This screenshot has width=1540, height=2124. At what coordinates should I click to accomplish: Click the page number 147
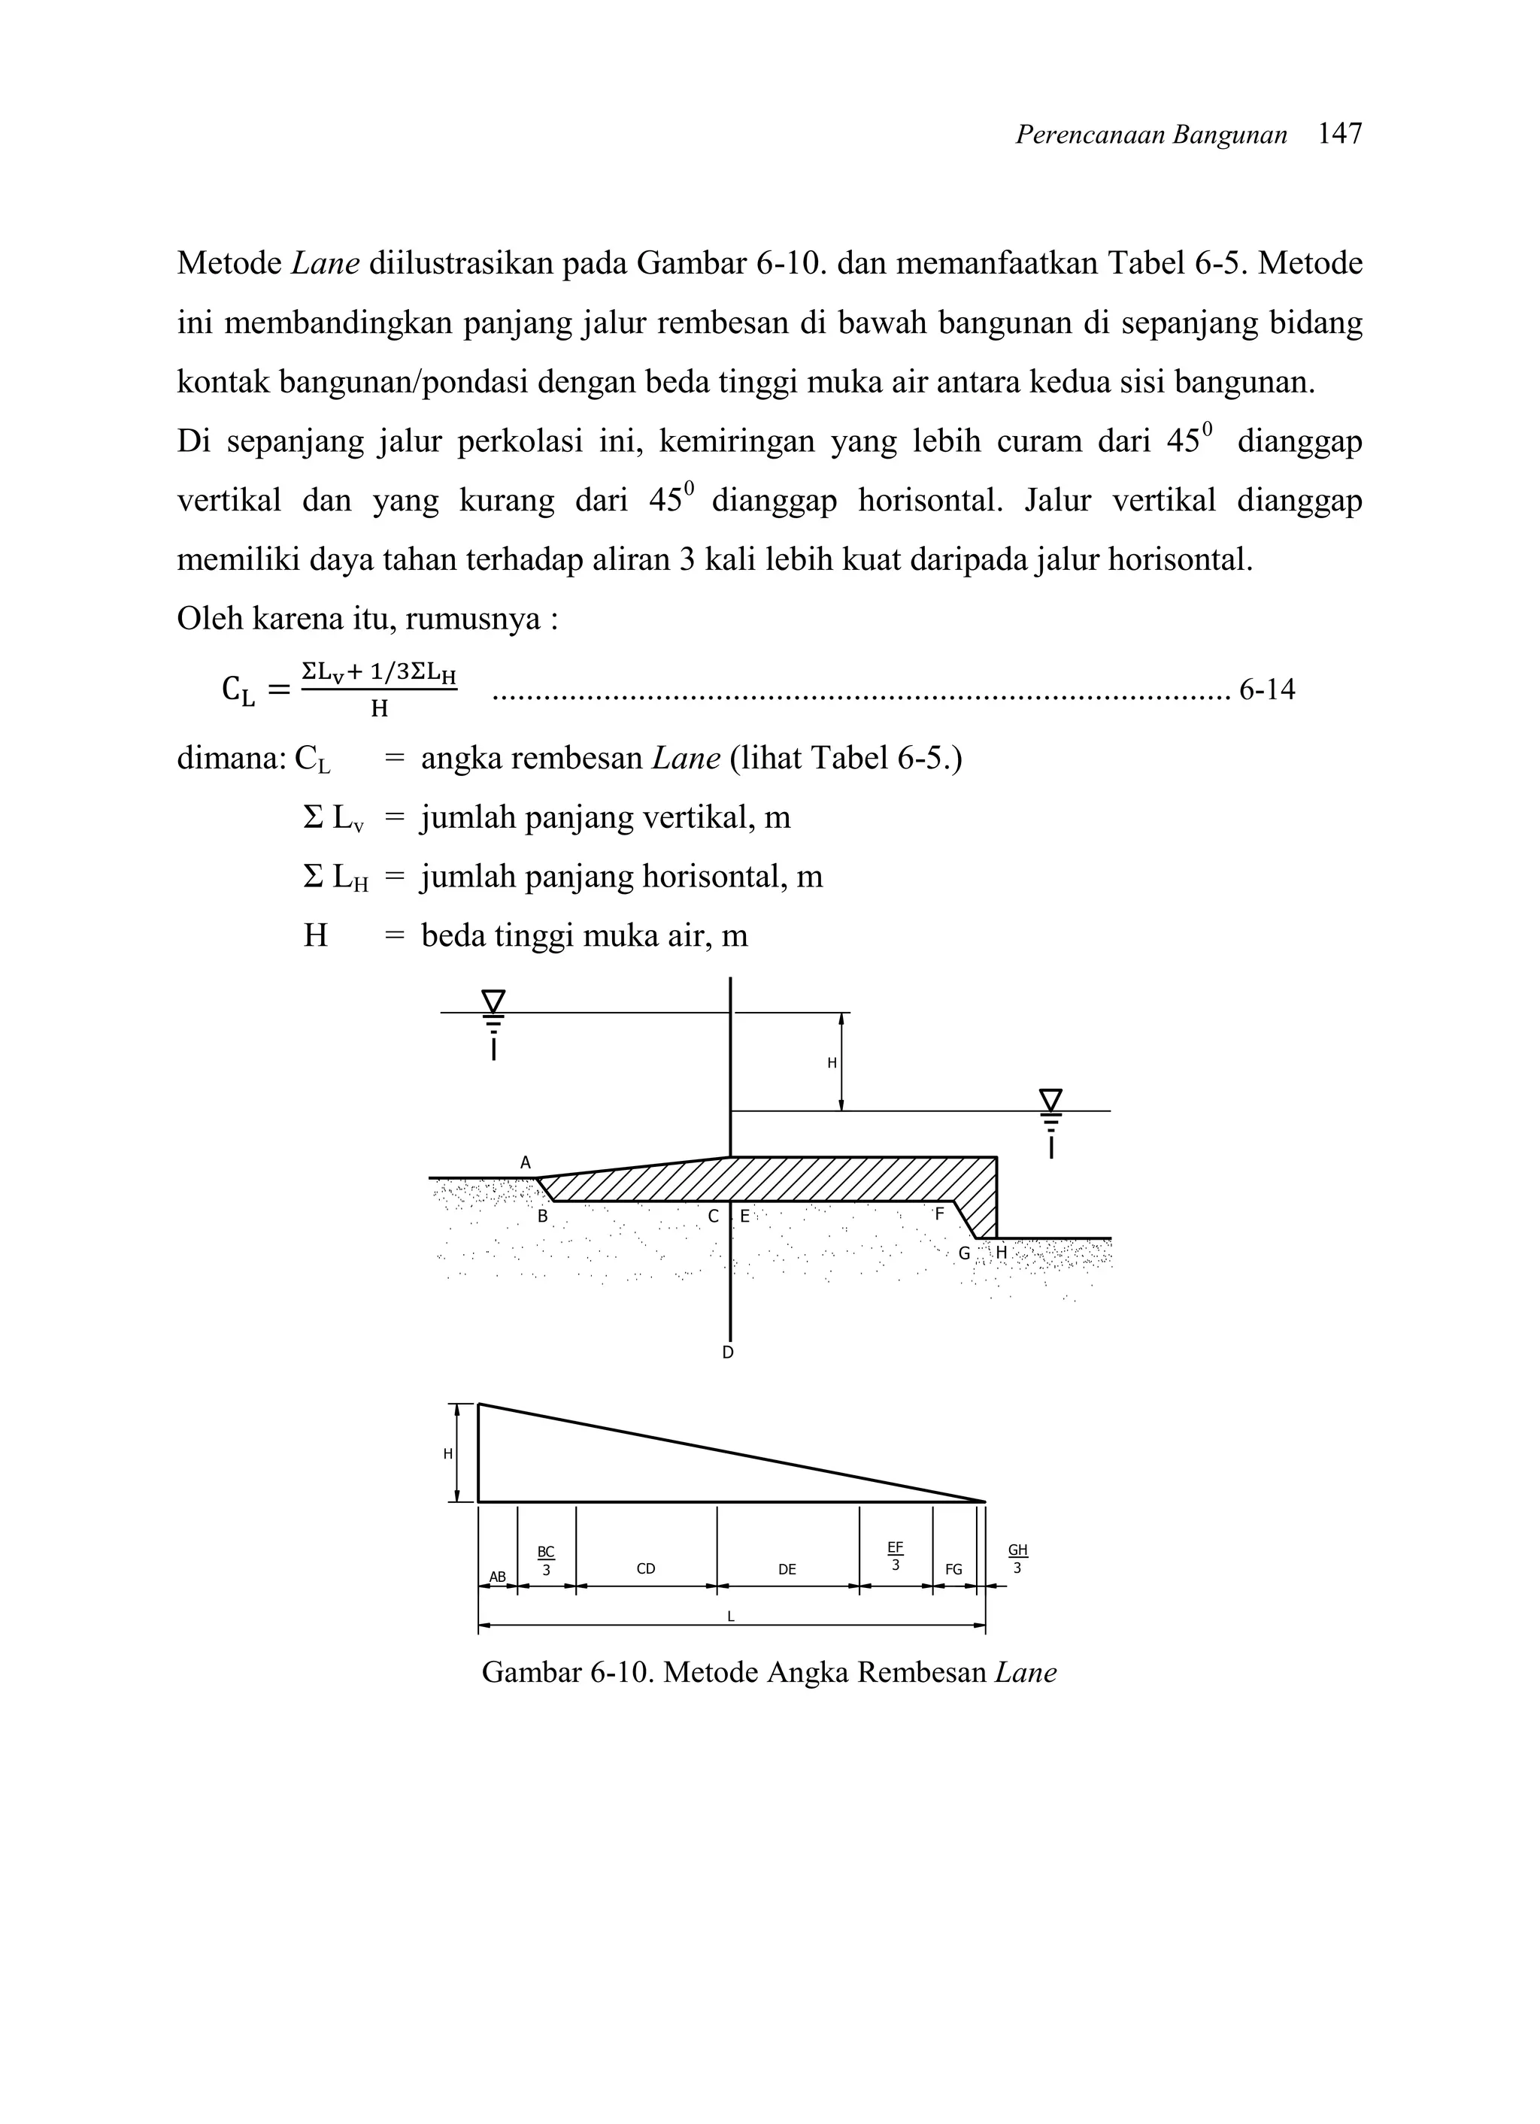click(1338, 135)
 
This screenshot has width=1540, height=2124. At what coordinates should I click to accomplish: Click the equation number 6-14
click(1266, 690)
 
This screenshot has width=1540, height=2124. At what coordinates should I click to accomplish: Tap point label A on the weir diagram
click(526, 1162)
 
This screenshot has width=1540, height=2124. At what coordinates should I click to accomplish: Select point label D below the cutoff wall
click(728, 1353)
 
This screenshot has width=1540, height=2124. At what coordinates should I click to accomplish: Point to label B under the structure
click(542, 1217)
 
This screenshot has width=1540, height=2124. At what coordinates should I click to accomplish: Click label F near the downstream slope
click(939, 1213)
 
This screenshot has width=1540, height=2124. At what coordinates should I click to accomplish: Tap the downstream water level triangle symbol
click(1051, 1098)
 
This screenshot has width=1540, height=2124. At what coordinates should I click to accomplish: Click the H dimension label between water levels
click(831, 1063)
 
